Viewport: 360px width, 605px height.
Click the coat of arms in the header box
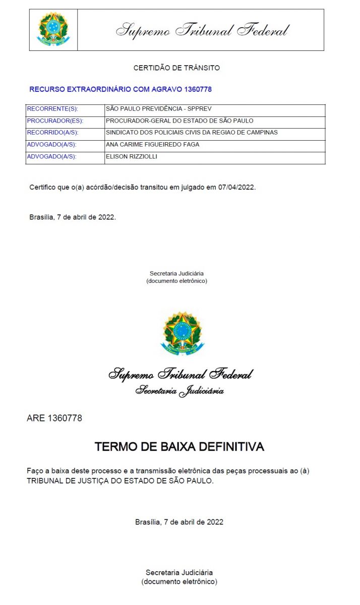tap(53, 29)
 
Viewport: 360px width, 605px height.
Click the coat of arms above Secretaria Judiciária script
tap(183, 333)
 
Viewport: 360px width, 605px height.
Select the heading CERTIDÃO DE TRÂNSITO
tap(176, 68)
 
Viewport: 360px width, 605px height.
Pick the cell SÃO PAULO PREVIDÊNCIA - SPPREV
tap(155, 109)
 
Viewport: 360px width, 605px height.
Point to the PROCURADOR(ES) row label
tap(55, 121)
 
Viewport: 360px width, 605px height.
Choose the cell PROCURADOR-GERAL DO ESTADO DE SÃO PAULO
tap(179, 121)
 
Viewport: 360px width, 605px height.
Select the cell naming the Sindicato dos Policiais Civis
tap(192, 133)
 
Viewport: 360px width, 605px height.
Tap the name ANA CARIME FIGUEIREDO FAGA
tap(152, 145)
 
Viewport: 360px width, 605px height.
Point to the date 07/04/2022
tap(236, 188)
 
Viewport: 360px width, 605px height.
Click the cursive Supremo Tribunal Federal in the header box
tap(202, 30)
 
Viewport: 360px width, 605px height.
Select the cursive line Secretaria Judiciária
tap(179, 391)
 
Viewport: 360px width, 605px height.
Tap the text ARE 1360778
tap(54, 418)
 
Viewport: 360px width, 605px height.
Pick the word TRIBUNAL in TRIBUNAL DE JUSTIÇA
tap(45, 481)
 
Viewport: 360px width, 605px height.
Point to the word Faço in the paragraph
tap(35, 471)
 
